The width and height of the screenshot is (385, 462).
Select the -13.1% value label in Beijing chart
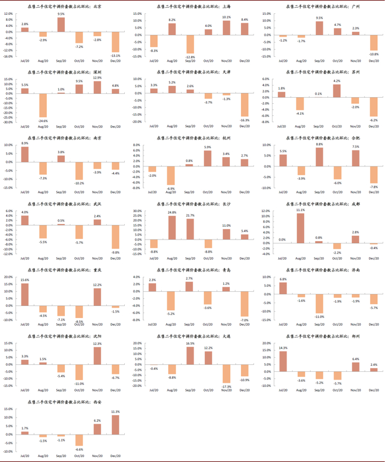click(115, 55)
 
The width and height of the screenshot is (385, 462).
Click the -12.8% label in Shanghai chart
click(190, 57)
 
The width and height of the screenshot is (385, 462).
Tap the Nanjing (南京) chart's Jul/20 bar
click(25, 154)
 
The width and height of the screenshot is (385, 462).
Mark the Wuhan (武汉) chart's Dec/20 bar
click(115, 237)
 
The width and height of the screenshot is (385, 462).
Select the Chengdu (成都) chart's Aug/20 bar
click(300, 228)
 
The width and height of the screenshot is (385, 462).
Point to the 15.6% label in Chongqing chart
click(25, 280)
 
